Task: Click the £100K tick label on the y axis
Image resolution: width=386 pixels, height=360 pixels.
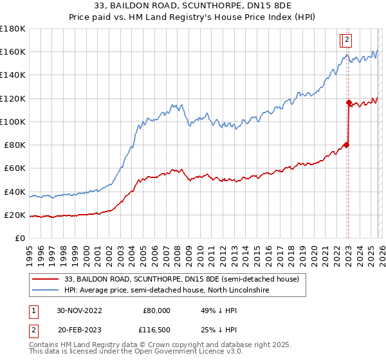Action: (13, 122)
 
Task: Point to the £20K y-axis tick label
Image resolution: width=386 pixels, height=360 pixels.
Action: (15, 215)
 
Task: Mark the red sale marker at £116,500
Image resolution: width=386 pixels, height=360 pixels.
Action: (349, 102)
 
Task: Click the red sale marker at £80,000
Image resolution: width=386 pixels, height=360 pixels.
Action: (346, 145)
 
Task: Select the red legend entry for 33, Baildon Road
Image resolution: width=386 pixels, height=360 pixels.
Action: (181, 280)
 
